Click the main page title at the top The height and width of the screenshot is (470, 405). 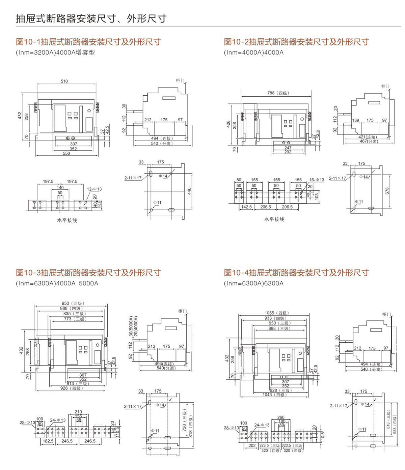tap(91, 18)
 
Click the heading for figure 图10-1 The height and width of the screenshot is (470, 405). tap(88, 42)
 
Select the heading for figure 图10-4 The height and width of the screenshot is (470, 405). tap(296, 273)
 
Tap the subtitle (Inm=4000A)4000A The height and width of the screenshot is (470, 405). tap(253, 53)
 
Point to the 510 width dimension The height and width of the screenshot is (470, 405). tap(64, 81)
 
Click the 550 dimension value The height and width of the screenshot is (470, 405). tap(66, 153)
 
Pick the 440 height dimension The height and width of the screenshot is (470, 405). tap(189, 191)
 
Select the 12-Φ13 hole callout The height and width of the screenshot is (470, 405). tap(94, 189)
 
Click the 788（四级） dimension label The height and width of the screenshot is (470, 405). tap(278, 93)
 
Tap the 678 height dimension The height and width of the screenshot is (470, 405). tap(387, 191)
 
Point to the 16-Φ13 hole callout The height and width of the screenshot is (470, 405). tap(317, 180)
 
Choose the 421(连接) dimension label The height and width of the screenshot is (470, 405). tap(368, 137)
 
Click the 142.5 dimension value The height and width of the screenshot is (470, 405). tap(246, 207)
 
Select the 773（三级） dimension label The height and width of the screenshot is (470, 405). tap(75, 319)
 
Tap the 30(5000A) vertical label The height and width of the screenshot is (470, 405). tap(131, 326)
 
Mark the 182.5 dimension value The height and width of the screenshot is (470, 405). tap(48, 441)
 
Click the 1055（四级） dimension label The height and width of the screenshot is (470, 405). tap(277, 313)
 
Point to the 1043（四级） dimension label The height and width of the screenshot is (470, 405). tap(274, 395)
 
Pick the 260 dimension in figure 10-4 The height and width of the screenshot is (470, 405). tap(281, 417)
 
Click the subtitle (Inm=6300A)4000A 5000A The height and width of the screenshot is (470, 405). tap(57, 283)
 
